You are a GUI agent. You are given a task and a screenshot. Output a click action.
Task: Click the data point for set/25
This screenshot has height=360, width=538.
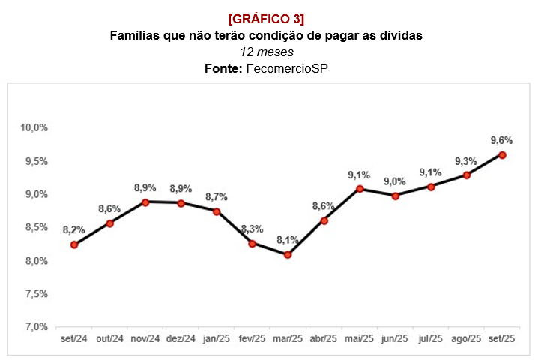[502, 155]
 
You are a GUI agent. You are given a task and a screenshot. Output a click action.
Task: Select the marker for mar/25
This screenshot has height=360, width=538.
[288, 255]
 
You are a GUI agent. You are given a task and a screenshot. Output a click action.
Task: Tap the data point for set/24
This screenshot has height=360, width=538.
[74, 244]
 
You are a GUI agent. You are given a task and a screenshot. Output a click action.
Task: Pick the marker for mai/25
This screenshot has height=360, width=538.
[360, 189]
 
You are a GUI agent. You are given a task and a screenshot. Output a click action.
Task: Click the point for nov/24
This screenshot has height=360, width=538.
[145, 202]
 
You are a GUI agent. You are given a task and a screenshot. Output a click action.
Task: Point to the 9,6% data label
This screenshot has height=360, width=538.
[501, 140]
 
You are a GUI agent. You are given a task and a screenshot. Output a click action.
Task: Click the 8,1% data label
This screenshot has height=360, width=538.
[288, 240]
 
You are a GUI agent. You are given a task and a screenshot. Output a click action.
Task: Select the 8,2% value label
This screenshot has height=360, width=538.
[73, 229]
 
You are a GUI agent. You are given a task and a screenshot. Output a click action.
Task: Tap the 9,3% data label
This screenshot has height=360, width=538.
[466, 160]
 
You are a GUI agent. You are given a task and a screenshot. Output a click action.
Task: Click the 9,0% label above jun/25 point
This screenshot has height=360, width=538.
[395, 181]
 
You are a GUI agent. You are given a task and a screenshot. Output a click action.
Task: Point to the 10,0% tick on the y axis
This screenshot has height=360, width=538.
[34, 128]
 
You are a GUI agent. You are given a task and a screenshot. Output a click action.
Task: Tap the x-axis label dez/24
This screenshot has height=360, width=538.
[181, 339]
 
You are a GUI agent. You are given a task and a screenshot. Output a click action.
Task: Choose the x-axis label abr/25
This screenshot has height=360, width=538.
[323, 339]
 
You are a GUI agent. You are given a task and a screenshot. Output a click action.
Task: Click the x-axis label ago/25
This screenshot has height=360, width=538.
[465, 339]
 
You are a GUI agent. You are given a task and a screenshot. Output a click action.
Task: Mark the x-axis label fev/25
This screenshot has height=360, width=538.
[252, 339]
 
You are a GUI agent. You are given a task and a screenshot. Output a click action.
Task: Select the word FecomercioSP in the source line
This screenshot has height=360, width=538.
[288, 68]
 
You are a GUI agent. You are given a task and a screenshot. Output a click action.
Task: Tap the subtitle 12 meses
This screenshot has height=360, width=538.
[267, 52]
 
